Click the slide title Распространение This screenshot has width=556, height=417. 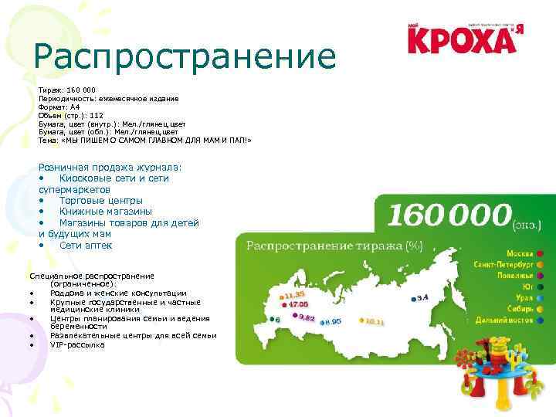[185, 56]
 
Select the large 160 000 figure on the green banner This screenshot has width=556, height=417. [449, 215]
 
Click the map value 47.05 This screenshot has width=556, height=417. [298, 304]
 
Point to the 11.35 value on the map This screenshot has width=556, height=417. [295, 294]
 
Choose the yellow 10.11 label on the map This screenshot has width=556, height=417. [375, 320]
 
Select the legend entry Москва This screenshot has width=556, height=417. [520, 253]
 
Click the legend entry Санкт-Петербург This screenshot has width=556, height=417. [504, 263]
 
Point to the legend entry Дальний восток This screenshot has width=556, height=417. [506, 319]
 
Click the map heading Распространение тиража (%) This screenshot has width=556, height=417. [334, 246]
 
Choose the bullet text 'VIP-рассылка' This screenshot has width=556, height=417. [77, 344]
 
